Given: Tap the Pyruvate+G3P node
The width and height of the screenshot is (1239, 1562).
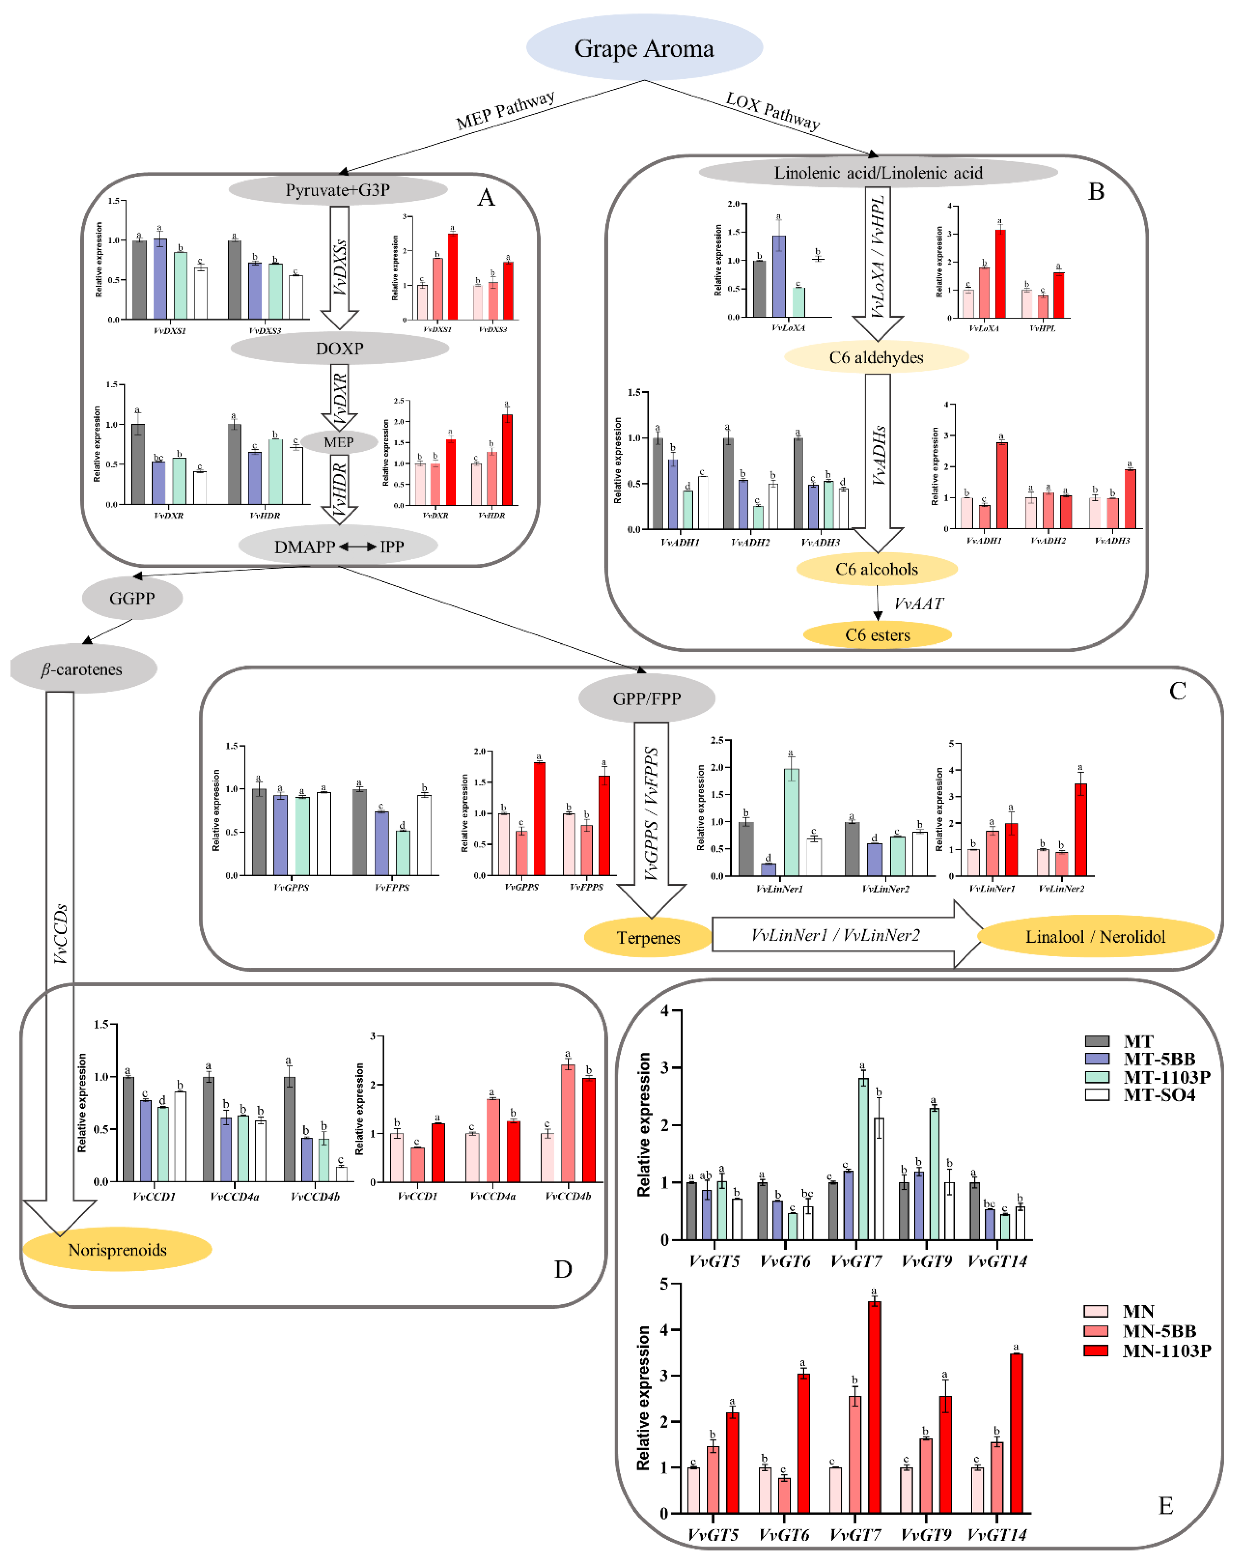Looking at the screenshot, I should click(x=338, y=190).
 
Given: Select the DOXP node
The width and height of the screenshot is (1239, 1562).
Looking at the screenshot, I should click(x=339, y=348).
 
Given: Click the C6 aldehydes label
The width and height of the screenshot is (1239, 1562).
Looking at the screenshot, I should click(x=876, y=357).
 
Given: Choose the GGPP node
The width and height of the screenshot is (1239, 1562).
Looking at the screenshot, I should click(x=132, y=598).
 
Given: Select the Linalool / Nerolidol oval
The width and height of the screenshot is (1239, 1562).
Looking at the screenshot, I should click(x=1095, y=936).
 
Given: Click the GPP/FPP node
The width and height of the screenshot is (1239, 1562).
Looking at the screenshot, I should click(x=646, y=699).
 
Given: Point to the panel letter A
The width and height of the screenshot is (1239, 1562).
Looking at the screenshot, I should click(x=485, y=197).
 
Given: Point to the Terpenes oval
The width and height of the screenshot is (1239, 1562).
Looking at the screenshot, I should click(x=648, y=938).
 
